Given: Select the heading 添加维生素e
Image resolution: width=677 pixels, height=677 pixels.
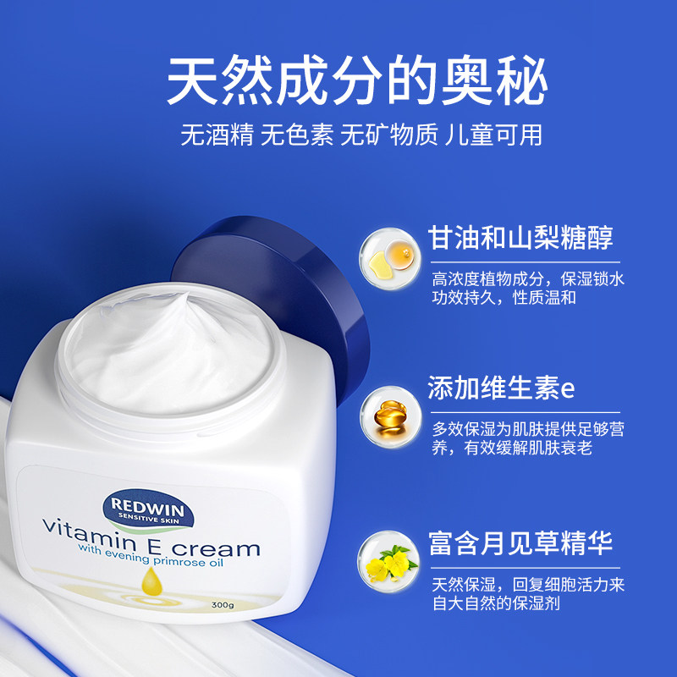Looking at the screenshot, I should pos(501,388).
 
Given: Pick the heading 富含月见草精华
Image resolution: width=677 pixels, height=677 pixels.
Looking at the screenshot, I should pos(520,542).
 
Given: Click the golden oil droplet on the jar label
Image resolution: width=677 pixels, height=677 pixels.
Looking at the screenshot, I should pos(151,581).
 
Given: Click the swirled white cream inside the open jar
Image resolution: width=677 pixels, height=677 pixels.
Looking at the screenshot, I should pos(169,347).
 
